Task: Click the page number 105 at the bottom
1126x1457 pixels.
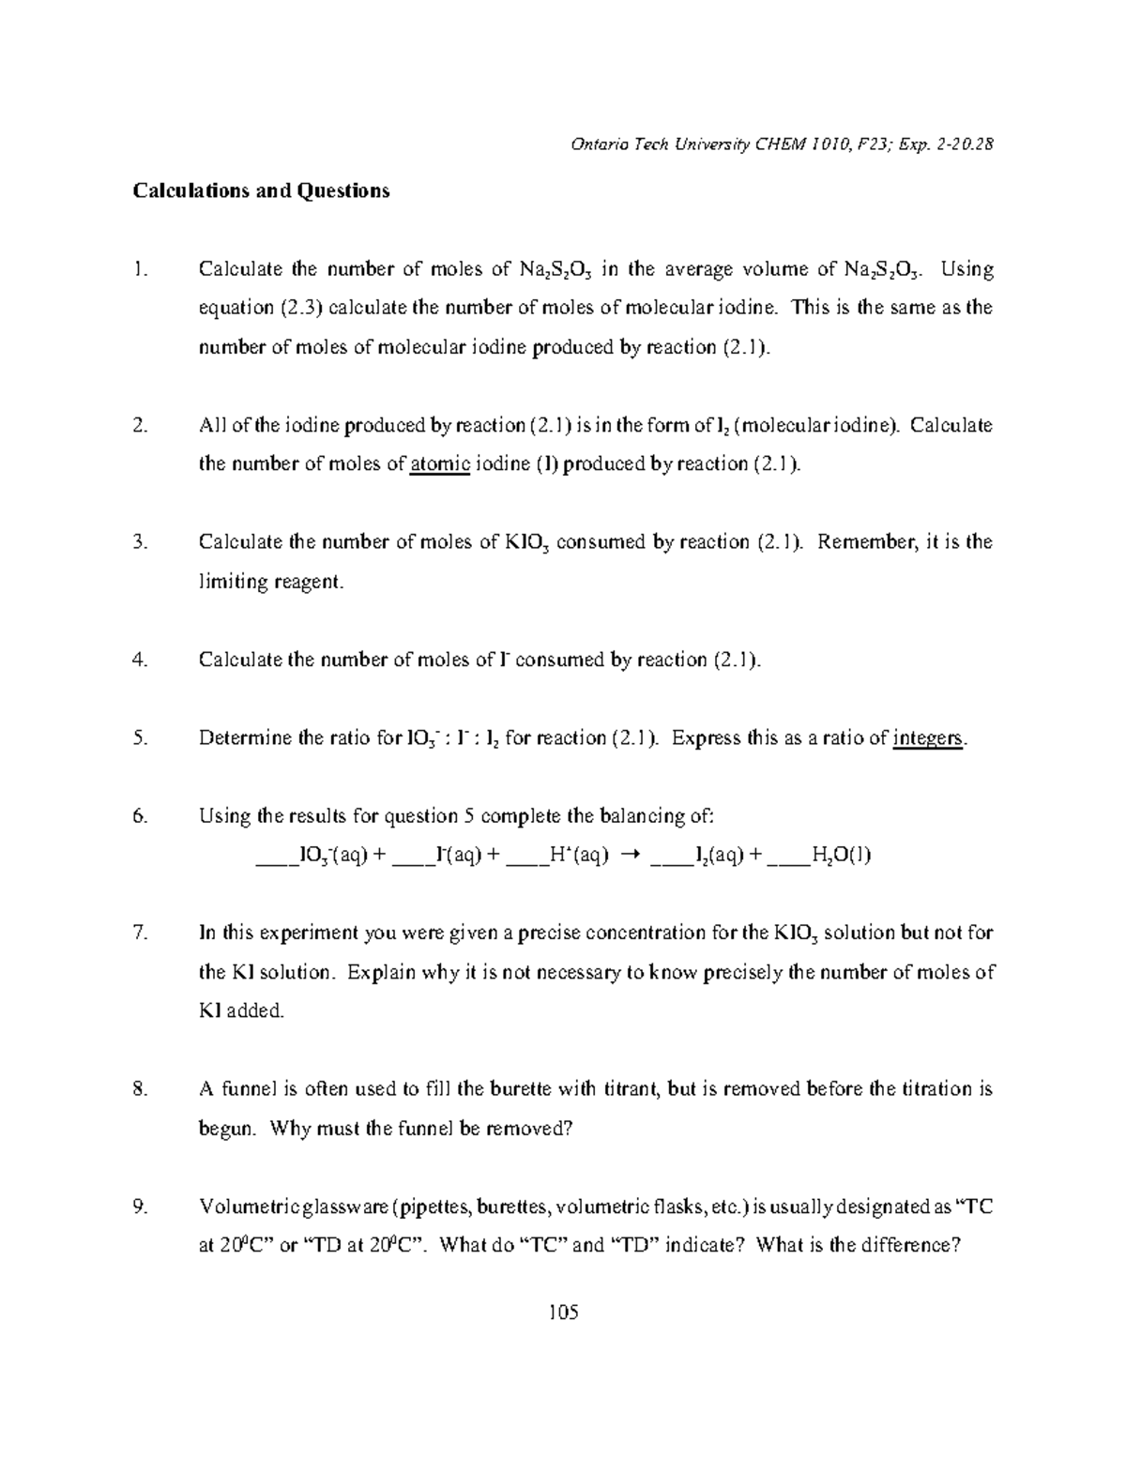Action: pyautogui.click(x=564, y=1311)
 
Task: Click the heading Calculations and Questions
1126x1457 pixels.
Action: pyautogui.click(x=261, y=191)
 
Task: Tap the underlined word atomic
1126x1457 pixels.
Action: pyautogui.click(x=440, y=464)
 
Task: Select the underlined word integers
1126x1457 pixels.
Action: pyautogui.click(x=928, y=738)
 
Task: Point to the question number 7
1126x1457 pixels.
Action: pyautogui.click(x=140, y=933)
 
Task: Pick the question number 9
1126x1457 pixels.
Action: pyautogui.click(x=140, y=1207)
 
